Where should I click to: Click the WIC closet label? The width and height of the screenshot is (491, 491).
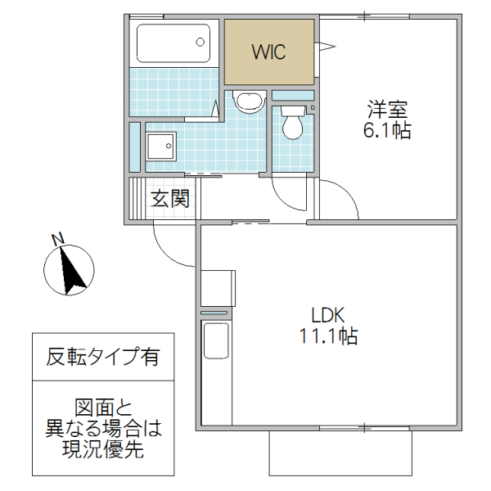click(268, 52)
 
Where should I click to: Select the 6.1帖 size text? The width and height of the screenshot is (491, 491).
click(387, 131)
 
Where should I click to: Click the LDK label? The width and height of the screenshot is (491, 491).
click(329, 314)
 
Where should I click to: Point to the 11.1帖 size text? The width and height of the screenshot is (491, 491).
click(329, 336)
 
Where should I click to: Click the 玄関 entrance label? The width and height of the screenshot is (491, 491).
click(170, 198)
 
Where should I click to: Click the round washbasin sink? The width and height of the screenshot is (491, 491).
click(246, 101)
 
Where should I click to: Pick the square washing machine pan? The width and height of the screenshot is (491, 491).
click(160, 148)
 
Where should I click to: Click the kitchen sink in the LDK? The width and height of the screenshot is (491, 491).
click(215, 340)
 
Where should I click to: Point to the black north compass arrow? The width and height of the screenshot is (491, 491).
click(70, 272)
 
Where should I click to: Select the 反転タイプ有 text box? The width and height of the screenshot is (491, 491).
click(102, 357)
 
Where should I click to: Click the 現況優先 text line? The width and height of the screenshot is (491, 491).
click(102, 448)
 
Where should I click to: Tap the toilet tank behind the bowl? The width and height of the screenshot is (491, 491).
click(292, 108)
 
